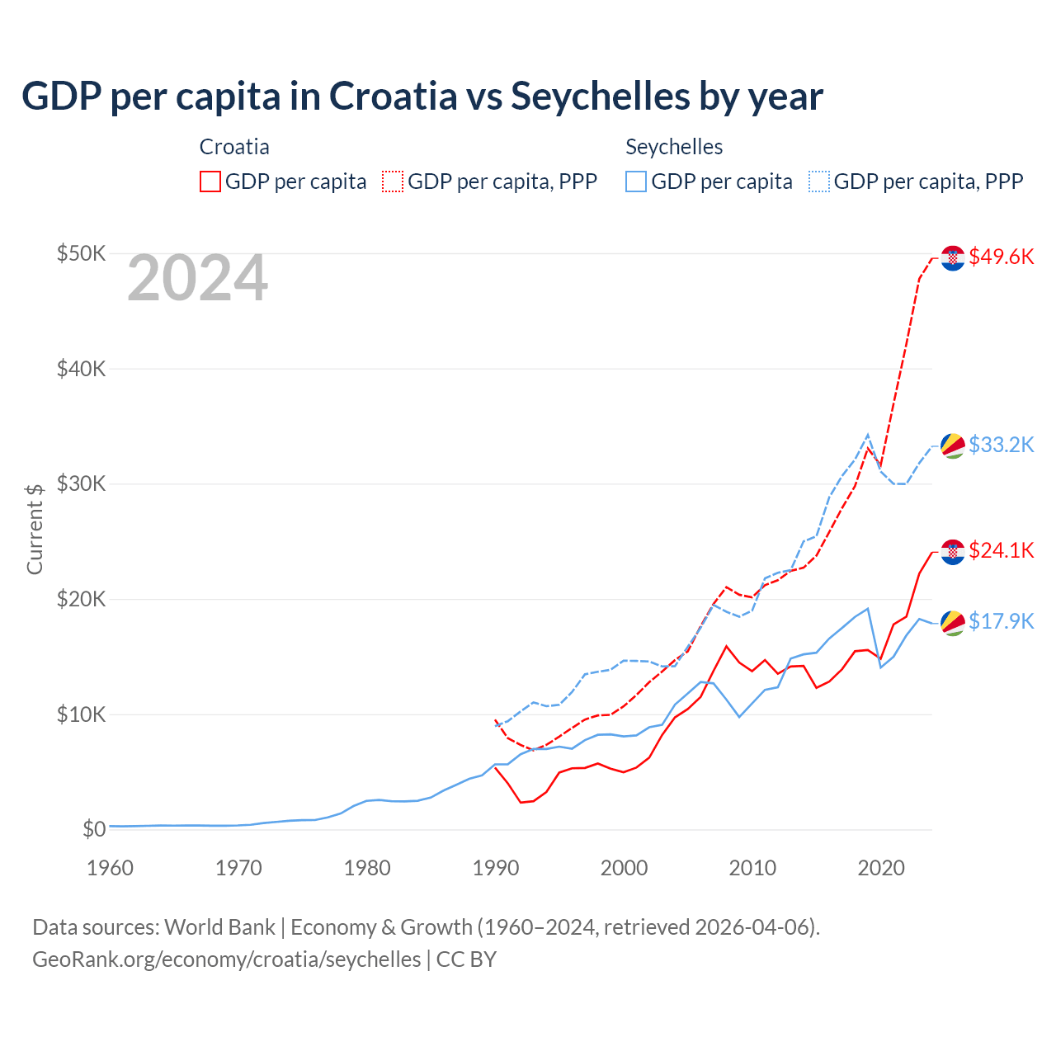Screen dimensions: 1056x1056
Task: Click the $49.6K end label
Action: point(1001,257)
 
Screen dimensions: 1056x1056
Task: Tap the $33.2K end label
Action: point(1001,445)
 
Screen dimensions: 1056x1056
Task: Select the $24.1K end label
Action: point(1001,550)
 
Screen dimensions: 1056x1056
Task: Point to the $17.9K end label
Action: point(1001,621)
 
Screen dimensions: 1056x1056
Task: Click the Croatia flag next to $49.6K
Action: point(953,258)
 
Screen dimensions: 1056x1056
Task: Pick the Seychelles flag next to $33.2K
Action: point(953,445)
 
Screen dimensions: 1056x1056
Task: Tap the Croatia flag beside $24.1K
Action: point(953,552)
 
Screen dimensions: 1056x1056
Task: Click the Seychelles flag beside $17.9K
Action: point(953,623)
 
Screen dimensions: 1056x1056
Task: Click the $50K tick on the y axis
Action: point(81,253)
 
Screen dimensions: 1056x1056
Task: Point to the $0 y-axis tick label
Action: point(94,829)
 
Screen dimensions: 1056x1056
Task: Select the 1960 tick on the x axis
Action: point(110,868)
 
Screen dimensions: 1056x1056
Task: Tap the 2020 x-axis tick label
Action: point(881,868)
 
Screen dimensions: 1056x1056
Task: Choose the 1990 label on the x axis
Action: point(496,868)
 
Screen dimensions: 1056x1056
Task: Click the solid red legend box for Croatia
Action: point(210,181)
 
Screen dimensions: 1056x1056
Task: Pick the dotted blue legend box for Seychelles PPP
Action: point(819,181)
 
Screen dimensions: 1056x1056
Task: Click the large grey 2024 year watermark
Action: point(197,278)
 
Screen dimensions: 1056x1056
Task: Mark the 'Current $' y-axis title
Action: point(35,529)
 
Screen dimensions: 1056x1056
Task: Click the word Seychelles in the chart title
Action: point(601,96)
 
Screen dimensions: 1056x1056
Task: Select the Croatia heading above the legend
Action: point(234,147)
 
